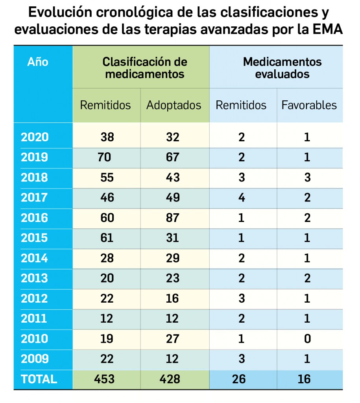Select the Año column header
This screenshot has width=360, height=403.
tap(38, 62)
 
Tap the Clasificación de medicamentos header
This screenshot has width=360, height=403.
tap(144, 68)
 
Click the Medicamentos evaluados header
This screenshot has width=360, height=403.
tap(282, 68)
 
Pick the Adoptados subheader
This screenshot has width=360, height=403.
tap(174, 105)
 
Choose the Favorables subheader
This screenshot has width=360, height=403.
tap(309, 105)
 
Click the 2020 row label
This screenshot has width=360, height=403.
tap(35, 137)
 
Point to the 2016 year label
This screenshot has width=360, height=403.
tap(35, 218)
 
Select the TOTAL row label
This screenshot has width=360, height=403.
tap(39, 379)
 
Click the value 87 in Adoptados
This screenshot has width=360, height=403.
tap(172, 218)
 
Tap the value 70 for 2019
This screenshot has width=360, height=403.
tap(105, 157)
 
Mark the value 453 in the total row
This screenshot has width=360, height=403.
tap(104, 379)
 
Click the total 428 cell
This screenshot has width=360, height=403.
tap(170, 379)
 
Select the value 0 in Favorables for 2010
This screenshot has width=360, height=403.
tap(307, 338)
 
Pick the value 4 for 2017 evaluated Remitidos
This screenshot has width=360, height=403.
tap(242, 198)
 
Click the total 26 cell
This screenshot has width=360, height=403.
tap(239, 379)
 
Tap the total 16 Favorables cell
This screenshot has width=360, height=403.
tap(304, 379)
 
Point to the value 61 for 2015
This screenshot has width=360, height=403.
tap(107, 238)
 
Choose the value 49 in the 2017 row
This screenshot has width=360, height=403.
tap(172, 198)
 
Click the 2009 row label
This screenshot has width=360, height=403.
tap(35, 359)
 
